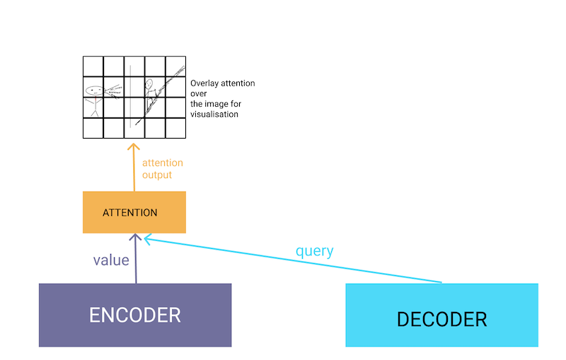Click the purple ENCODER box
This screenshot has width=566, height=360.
(x=134, y=315)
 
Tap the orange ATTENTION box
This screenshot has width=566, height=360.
(x=134, y=212)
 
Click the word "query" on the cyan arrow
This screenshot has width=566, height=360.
(x=315, y=251)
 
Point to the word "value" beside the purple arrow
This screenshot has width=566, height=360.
(x=111, y=260)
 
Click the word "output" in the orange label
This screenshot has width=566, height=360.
(x=157, y=175)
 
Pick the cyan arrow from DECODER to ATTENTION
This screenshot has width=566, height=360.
(x=297, y=261)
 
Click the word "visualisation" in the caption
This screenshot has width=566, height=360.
(x=214, y=114)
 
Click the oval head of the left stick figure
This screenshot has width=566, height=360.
(x=93, y=91)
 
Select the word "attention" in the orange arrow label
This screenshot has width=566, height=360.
(x=162, y=163)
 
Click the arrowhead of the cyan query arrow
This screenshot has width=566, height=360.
(x=146, y=240)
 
